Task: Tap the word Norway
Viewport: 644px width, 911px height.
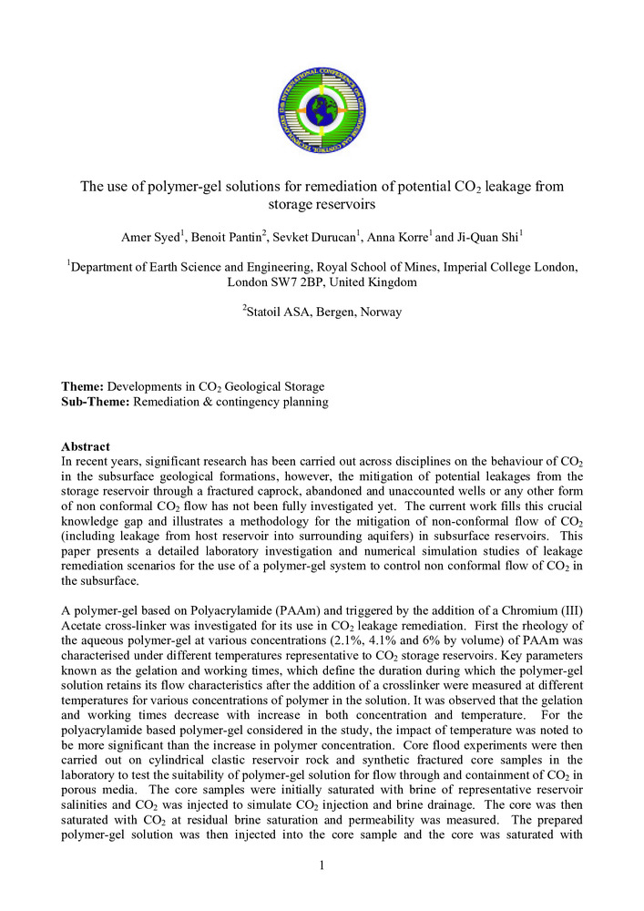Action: pyautogui.click(x=380, y=312)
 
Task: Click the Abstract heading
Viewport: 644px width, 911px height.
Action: pyautogui.click(x=86, y=446)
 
